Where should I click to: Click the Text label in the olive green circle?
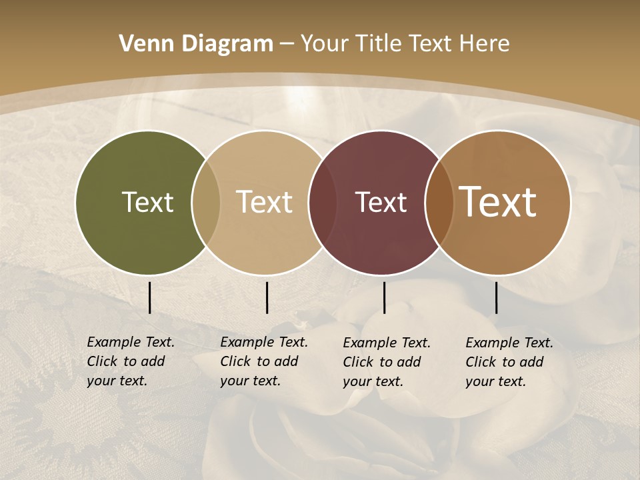coord(147,202)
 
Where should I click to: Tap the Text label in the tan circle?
coord(265,202)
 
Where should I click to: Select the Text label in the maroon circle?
coord(381,202)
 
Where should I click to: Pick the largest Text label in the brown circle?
coord(498,202)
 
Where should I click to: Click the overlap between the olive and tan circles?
coord(206,202)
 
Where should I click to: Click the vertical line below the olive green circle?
coord(150,297)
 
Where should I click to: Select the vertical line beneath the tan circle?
coord(267,297)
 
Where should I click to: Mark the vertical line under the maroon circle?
coord(385,297)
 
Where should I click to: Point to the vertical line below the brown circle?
coord(497,297)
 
